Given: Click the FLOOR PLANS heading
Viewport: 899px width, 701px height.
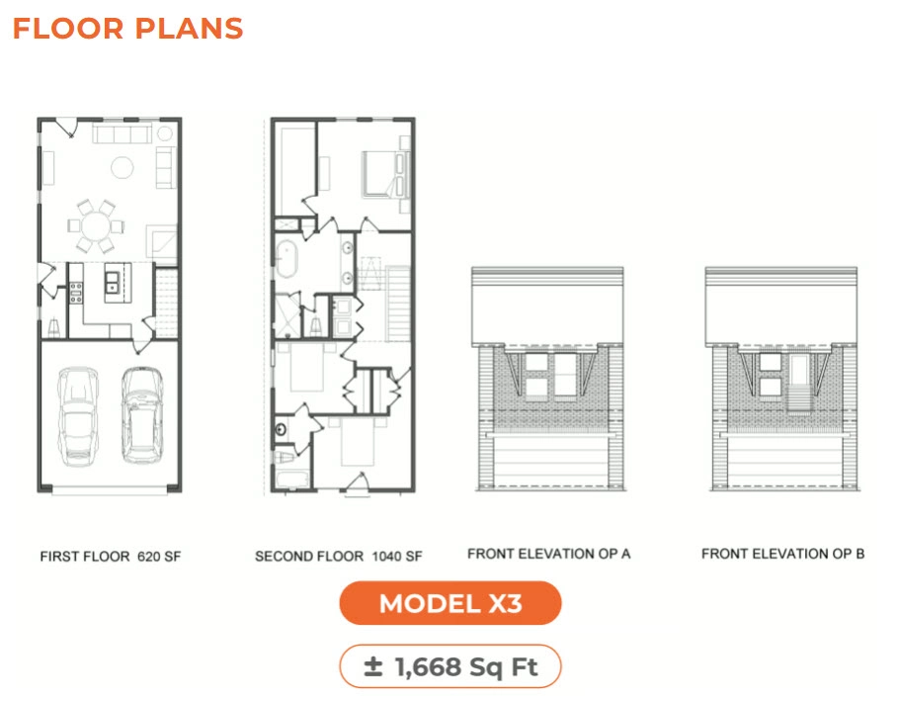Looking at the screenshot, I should pyautogui.click(x=127, y=28).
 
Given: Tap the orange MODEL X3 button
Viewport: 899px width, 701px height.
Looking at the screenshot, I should pyautogui.click(x=449, y=603).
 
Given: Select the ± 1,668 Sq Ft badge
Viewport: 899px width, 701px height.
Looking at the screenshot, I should pyautogui.click(x=449, y=666).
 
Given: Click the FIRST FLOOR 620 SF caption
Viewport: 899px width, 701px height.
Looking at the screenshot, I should pyautogui.click(x=111, y=557).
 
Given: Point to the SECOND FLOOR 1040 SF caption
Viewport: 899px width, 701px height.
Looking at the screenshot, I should pyautogui.click(x=338, y=557).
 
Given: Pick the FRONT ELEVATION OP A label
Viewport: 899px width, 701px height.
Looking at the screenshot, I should pyautogui.click(x=548, y=554).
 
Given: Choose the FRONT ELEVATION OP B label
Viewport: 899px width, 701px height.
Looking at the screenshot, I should pyautogui.click(x=782, y=554).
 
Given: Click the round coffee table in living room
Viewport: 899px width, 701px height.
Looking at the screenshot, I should pyautogui.click(x=122, y=167).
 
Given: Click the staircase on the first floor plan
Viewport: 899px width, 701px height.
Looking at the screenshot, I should pyautogui.click(x=167, y=294).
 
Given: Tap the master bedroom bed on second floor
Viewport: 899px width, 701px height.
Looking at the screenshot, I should pyautogui.click(x=376, y=173).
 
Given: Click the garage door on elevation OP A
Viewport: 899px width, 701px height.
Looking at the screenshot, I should pyautogui.click(x=548, y=460).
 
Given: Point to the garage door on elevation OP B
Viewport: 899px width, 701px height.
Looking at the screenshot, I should pyautogui.click(x=782, y=460).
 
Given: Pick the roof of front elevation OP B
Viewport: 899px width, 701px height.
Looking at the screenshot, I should pyautogui.click(x=782, y=307).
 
